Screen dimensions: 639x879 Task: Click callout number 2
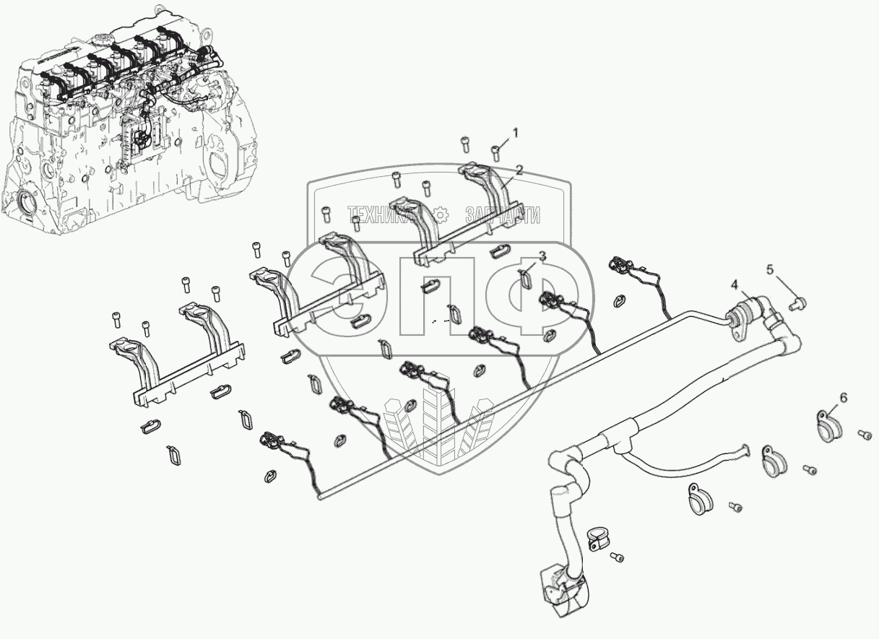(x=519, y=170)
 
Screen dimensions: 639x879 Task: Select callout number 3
(x=542, y=256)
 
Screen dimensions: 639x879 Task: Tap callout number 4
(x=735, y=285)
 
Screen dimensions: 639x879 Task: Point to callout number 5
(x=770, y=269)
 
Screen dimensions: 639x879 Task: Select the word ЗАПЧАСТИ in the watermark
(x=503, y=214)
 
